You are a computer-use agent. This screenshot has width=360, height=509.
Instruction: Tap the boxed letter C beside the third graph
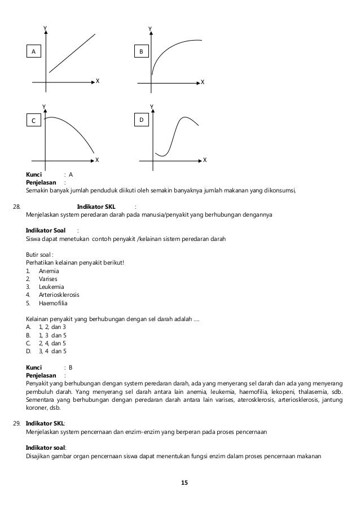click(x=33, y=121)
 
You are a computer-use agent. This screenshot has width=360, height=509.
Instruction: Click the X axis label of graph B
click(x=203, y=82)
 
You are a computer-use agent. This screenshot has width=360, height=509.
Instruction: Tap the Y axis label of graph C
click(x=44, y=106)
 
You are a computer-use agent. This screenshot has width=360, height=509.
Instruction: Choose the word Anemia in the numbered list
click(x=49, y=271)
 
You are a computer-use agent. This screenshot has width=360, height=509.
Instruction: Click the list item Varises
click(x=47, y=279)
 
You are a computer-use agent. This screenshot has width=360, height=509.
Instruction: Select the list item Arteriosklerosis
click(x=59, y=295)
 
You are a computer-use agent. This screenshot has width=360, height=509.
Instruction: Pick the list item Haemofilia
click(x=52, y=303)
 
